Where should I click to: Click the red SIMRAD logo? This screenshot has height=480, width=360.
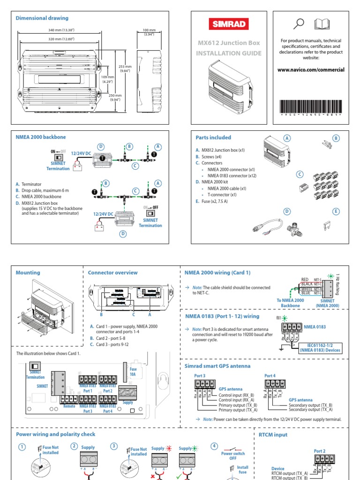pos(228,24)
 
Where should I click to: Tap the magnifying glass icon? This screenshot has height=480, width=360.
pos(298,23)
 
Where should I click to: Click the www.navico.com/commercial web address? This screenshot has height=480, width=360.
pos(311,69)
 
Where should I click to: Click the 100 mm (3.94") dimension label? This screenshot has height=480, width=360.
pos(149,32)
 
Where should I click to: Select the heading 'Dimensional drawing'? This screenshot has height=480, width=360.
pos(42,18)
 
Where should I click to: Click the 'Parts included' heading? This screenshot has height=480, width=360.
pos(213,137)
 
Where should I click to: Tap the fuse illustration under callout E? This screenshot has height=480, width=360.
pos(327,226)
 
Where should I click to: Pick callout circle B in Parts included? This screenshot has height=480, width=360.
pos(335,138)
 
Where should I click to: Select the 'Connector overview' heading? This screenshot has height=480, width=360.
pos(113,272)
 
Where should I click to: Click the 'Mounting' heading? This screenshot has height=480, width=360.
pos(28,272)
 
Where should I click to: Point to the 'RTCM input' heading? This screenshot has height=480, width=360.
pos(273,435)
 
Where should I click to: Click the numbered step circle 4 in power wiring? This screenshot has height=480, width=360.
pos(214,446)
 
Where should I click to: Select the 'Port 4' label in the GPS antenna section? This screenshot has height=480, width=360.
pos(270,375)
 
